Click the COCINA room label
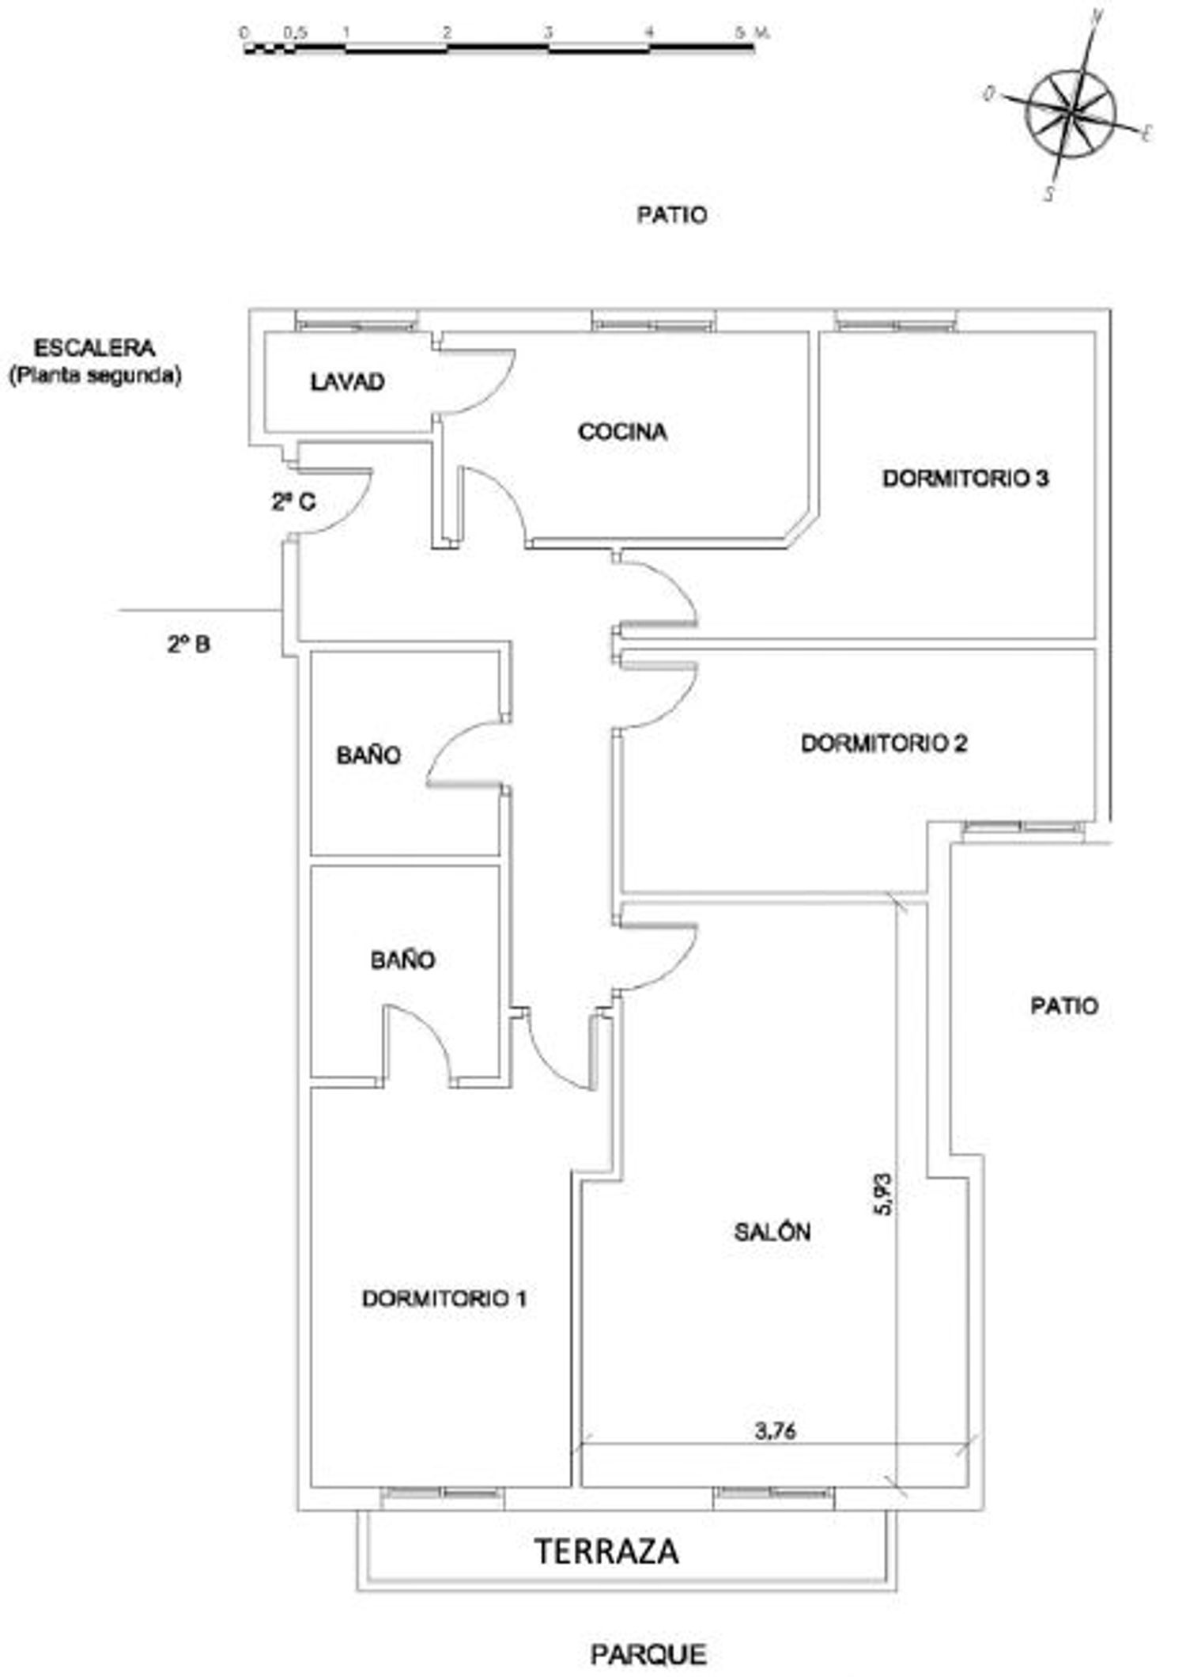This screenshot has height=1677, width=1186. [x=622, y=432]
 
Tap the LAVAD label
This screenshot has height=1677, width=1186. [x=347, y=382]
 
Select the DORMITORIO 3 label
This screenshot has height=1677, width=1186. [x=965, y=479]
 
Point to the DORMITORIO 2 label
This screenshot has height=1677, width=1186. [x=884, y=744]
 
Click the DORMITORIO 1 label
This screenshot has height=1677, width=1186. [x=444, y=1298]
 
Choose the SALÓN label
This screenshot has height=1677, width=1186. [x=772, y=1232]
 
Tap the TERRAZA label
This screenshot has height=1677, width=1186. [x=607, y=1551]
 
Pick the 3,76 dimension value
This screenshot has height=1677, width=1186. [x=775, y=1431]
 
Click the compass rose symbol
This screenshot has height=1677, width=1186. [x=1071, y=113]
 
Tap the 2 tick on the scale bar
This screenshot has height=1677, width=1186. [x=447, y=33]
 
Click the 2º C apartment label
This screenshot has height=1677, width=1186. [x=293, y=502]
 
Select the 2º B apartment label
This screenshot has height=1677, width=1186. [x=188, y=645]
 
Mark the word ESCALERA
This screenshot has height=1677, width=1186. [x=94, y=348]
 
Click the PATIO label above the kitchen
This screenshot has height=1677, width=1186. [x=672, y=215]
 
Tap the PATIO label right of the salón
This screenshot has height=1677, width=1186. [x=1064, y=1006]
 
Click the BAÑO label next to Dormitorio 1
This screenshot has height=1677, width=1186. [x=402, y=960]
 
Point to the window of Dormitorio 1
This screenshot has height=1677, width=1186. [x=442, y=1493]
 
